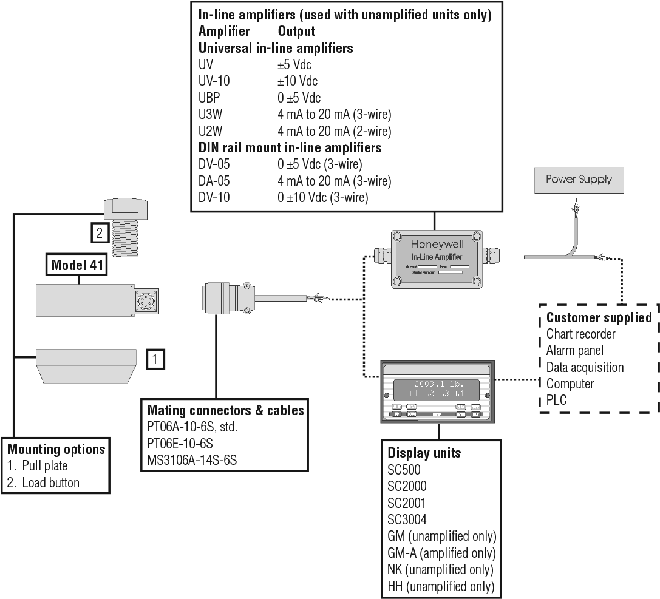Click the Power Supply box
tap(579, 180)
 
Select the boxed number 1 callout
tap(155, 359)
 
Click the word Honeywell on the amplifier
tap(437, 245)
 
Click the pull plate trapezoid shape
tap(86, 365)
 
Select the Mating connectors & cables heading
tap(225, 410)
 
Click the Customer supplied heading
tap(599, 317)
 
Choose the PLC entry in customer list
tap(557, 401)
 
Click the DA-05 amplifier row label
tap(214, 181)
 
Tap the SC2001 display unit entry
tap(407, 503)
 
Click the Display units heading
tap(424, 453)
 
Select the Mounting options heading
tap(56, 450)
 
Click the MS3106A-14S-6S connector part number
tap(192, 460)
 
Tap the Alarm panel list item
tap(574, 350)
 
